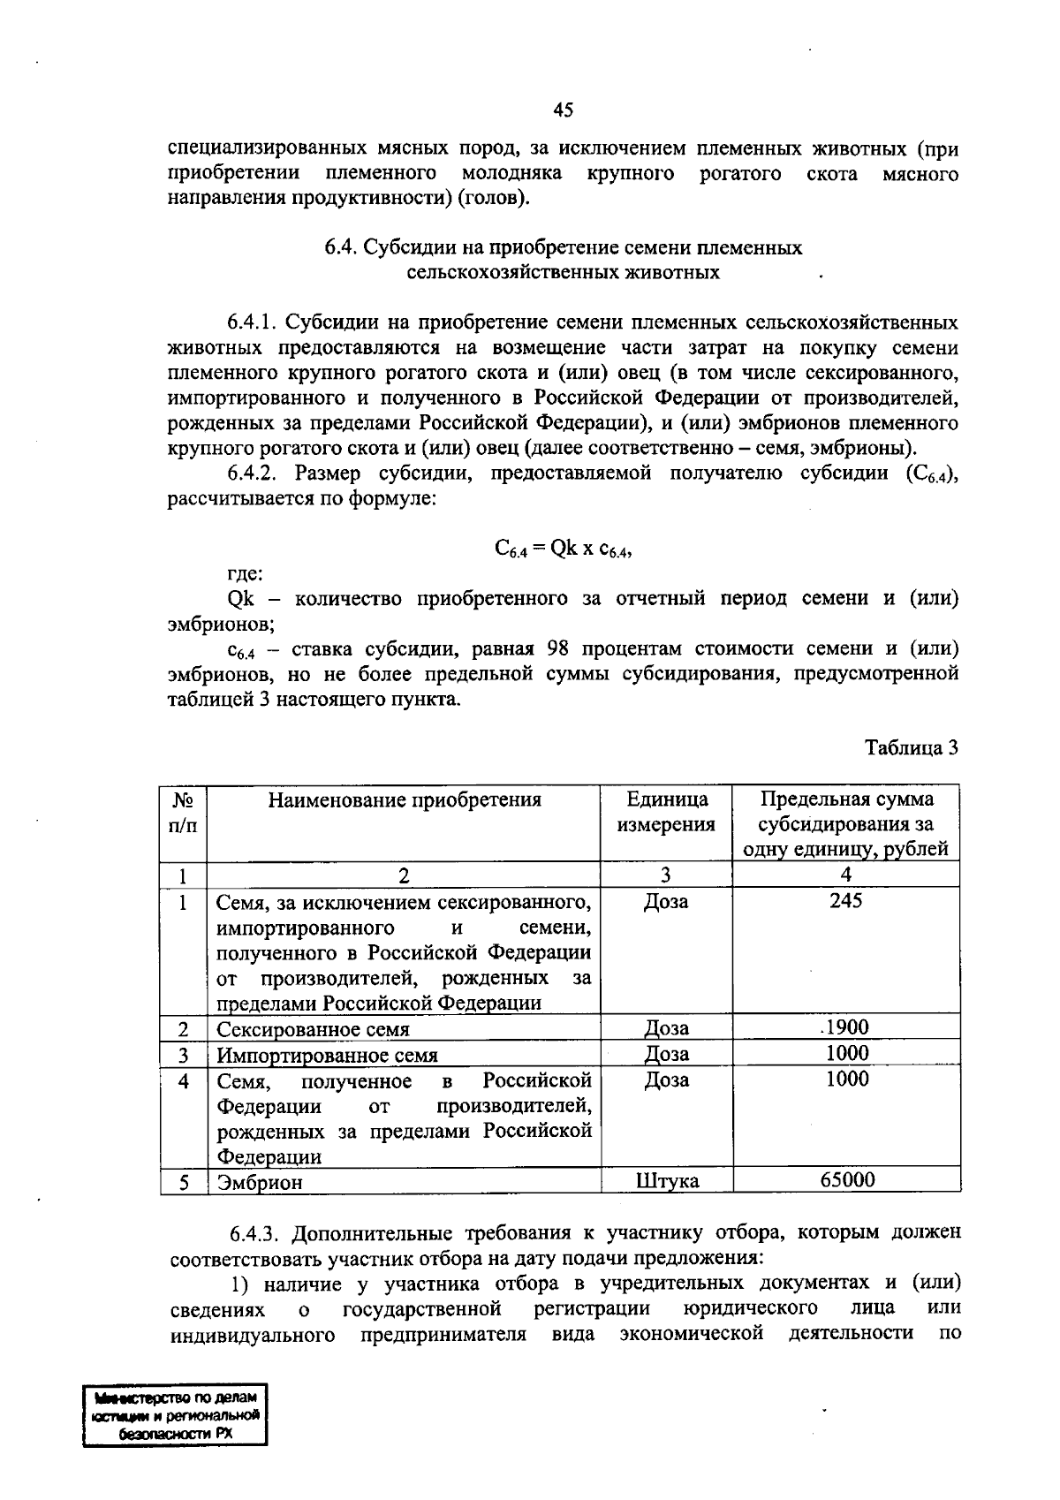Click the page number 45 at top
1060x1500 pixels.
(563, 110)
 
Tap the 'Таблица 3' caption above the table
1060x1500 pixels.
(912, 747)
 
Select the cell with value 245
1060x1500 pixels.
(845, 900)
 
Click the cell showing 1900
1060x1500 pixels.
(846, 1027)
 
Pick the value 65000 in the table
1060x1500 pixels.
(846, 1180)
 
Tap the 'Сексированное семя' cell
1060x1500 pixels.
(313, 1029)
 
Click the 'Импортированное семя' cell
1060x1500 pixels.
(327, 1055)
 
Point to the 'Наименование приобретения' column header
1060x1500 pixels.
(404, 800)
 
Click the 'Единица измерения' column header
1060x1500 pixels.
(666, 812)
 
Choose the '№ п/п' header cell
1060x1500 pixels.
(183, 812)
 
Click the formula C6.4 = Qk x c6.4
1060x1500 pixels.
(563, 549)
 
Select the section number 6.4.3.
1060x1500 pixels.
(257, 1233)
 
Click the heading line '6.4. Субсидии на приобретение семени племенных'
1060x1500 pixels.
(563, 247)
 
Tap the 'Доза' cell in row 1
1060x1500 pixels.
(667, 902)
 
